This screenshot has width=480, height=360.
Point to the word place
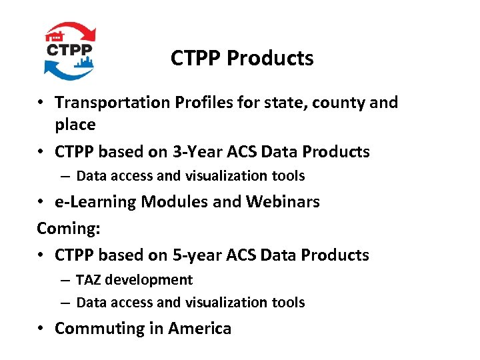[x=75, y=125]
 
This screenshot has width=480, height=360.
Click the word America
[x=199, y=329]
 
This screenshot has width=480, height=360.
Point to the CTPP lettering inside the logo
[x=70, y=50]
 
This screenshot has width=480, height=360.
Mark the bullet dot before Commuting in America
[x=41, y=329]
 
